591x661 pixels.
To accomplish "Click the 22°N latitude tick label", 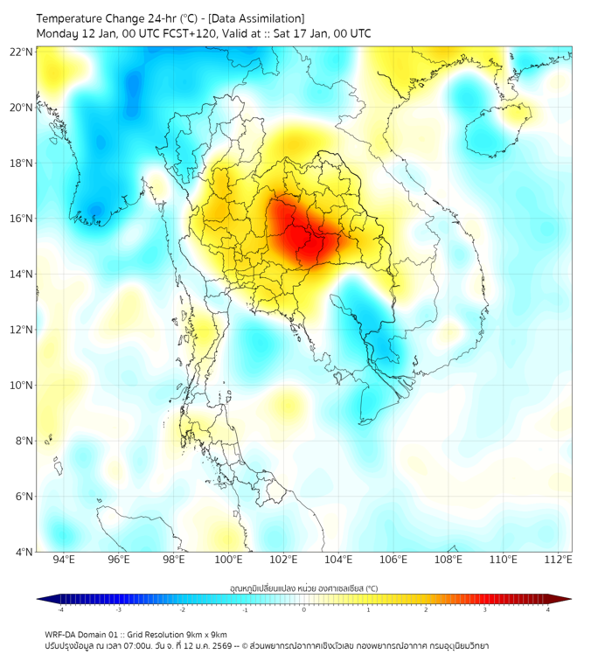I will point(21,52).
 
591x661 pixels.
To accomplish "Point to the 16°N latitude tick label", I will point(21,219).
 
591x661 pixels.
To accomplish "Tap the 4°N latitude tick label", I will point(24,552).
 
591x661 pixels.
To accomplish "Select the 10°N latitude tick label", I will point(21,386).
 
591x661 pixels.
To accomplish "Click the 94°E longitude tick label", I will point(64,560).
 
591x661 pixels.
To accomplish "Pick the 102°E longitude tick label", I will point(283,560).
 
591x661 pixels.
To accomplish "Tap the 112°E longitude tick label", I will point(558,560).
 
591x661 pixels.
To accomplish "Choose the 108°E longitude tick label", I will point(448,560).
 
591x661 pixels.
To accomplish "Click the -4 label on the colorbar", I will point(59,609).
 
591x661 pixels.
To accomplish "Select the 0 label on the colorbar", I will point(304,609).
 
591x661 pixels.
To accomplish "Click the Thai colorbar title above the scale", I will point(303,588).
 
